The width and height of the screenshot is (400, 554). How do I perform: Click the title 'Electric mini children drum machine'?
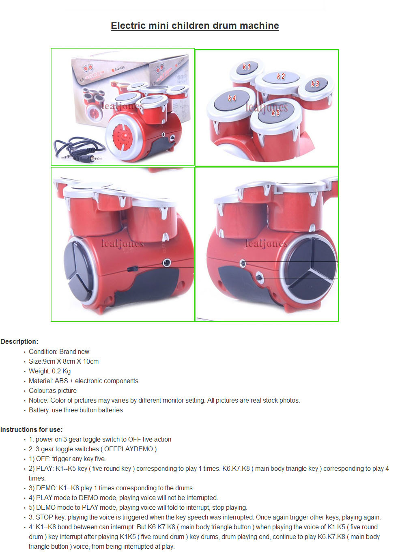pos(195,26)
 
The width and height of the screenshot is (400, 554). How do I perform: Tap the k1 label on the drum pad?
pos(247,67)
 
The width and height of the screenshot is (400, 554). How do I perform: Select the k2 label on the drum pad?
pos(281,76)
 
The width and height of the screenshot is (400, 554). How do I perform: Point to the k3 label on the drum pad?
pos(315,84)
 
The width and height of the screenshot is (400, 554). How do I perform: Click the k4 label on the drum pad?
pos(232,98)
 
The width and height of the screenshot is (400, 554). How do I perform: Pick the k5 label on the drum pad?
pos(275,113)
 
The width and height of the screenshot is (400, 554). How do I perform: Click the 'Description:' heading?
pos(19,342)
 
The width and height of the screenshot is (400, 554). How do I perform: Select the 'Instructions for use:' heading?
pos(31,429)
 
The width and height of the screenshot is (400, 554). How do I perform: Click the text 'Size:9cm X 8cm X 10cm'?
pos(64,361)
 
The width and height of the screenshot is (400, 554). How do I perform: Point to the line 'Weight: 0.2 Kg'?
pos(49,371)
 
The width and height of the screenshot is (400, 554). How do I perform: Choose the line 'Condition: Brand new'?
pos(59,352)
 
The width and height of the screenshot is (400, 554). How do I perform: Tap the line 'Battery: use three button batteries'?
pos(75,410)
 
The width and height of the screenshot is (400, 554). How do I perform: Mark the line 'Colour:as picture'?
pos(53,391)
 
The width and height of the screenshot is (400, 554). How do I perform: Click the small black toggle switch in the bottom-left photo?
pos(132,269)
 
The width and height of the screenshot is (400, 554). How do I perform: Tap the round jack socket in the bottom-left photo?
pos(167,263)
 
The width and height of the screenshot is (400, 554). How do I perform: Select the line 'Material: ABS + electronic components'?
pos(83,381)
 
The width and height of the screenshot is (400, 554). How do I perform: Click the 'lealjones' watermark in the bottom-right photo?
pos(267,244)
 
